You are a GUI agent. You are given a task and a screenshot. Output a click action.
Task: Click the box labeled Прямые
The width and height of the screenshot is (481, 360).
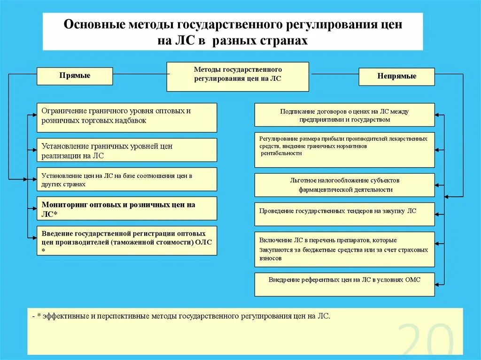(75, 76)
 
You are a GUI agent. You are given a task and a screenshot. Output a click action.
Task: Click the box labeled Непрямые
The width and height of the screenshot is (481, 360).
(396, 77)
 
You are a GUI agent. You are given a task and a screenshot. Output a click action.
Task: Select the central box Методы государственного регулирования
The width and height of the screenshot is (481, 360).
(238, 77)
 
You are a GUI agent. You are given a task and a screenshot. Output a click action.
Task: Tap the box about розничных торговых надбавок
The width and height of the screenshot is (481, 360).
(127, 117)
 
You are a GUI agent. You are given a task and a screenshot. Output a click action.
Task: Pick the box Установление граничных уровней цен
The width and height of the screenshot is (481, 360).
(127, 150)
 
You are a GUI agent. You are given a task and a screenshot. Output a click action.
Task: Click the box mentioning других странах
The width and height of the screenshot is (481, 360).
(127, 179)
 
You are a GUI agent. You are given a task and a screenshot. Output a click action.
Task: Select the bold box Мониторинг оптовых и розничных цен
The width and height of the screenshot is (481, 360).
(127, 208)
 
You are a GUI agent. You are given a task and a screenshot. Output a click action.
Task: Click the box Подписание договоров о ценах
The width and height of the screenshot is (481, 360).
(344, 115)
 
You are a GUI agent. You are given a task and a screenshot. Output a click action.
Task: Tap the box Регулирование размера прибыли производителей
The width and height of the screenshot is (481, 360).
(344, 150)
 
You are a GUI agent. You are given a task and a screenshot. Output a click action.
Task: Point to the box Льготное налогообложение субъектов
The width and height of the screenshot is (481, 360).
(344, 185)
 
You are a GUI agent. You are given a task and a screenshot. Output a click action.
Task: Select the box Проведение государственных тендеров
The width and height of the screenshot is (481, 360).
(344, 214)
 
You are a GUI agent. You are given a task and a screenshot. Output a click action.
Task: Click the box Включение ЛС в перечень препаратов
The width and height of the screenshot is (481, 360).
(344, 249)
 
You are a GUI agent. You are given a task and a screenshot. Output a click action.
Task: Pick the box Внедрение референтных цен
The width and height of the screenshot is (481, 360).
(344, 284)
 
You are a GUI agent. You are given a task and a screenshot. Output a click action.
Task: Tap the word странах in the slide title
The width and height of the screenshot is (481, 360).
(284, 41)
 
